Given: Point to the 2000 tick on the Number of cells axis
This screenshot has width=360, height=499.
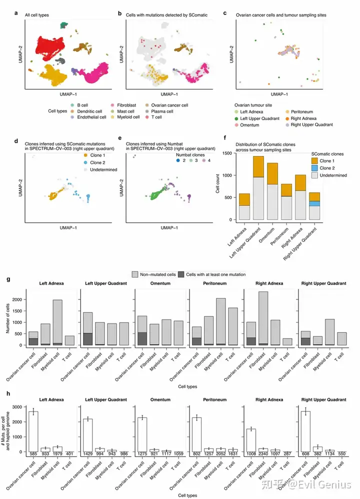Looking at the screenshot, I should click(20, 299).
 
